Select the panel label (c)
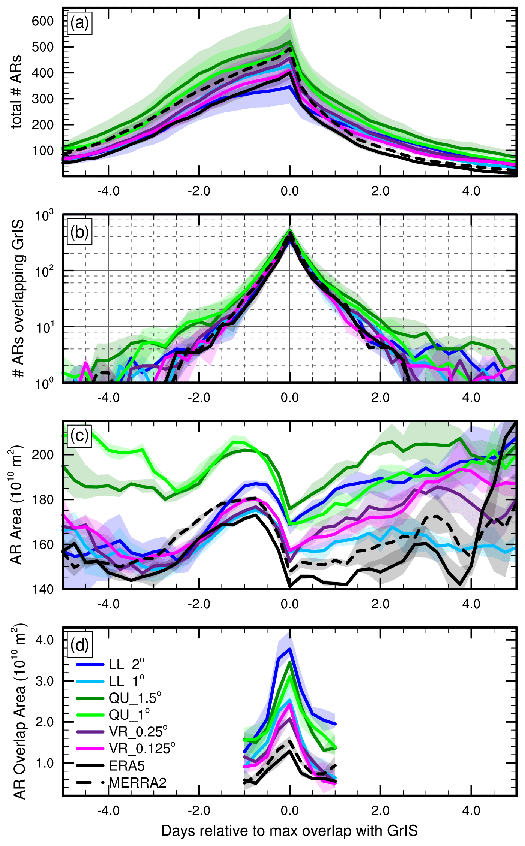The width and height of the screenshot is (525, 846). [79, 435]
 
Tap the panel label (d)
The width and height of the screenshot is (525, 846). [79, 645]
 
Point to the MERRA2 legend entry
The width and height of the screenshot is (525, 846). [137, 782]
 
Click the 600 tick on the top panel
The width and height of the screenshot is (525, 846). [43, 21]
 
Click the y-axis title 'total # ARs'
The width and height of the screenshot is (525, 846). [16, 92]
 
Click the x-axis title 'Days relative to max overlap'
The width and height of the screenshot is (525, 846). [289, 831]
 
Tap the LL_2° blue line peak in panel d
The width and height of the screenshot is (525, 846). [289, 649]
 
